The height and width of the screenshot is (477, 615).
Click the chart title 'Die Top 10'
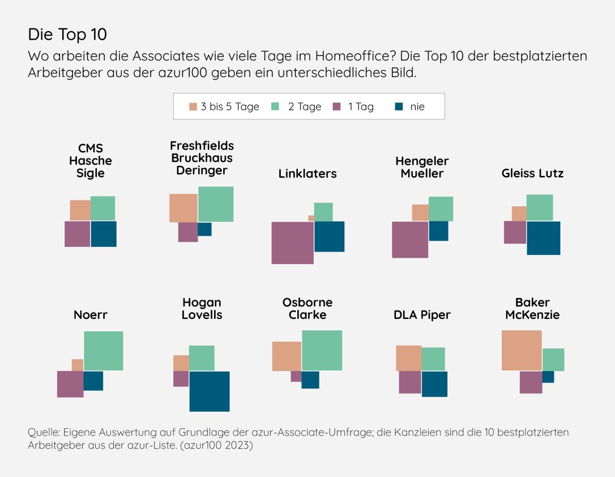(67, 35)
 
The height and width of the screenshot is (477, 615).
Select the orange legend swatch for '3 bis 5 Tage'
(193, 107)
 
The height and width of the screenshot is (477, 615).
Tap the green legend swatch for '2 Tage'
(275, 107)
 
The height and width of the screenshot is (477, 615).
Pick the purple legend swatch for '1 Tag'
(336, 107)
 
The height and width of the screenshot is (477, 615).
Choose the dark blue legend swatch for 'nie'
(399, 107)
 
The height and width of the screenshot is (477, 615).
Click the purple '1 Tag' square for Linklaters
(292, 242)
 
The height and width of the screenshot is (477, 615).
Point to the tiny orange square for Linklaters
(311, 218)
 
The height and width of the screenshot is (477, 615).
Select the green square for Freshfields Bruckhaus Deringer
(216, 204)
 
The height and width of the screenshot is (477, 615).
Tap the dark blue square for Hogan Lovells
(210, 391)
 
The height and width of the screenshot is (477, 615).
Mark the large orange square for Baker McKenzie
(522, 350)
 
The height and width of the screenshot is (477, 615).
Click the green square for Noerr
(104, 351)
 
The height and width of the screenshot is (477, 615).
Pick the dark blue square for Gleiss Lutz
(544, 238)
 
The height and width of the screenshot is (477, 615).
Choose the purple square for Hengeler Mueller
(410, 240)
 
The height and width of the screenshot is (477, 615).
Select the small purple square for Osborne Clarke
(296, 376)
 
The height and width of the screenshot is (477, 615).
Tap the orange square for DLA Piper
(408, 358)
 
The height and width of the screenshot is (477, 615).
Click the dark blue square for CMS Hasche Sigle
(104, 234)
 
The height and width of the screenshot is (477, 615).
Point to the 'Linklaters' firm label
(308, 174)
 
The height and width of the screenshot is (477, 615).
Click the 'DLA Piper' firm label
(422, 315)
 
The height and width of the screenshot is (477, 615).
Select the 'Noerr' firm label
(91, 315)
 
